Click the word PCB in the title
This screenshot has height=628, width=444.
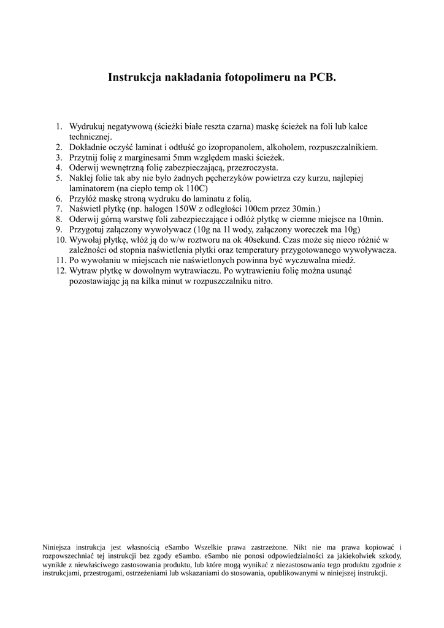321,77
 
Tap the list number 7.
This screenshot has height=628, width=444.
59,209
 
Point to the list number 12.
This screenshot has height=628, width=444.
60,270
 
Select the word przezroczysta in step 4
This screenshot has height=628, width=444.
253,167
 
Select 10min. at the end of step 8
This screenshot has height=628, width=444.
370,219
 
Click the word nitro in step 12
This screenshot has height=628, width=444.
261,281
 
